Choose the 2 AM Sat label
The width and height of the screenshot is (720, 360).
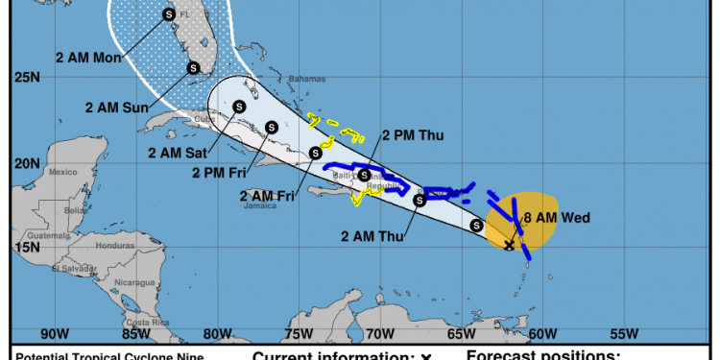[x=179, y=151]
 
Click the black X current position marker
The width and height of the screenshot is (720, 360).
[x=509, y=246]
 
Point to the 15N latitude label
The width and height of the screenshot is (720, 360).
[x=28, y=247]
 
